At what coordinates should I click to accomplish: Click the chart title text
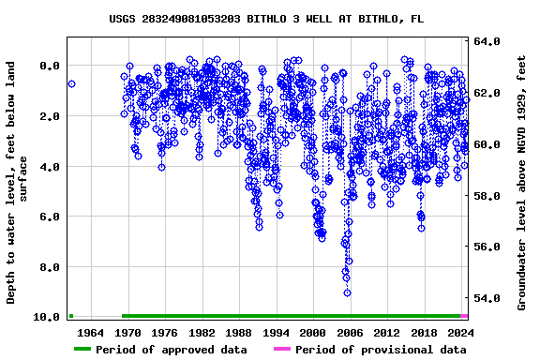[266, 18]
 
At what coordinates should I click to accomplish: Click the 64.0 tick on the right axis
[487, 42]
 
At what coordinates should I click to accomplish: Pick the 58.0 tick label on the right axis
[487, 196]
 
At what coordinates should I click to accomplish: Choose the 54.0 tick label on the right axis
[487, 298]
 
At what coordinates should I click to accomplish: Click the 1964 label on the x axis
[90, 333]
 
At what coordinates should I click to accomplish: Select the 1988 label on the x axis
[239, 333]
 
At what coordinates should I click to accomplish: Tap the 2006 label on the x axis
[350, 333]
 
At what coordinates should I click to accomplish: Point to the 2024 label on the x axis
[460, 333]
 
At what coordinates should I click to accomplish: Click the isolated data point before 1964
[71, 84]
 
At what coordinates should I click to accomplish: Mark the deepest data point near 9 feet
[347, 292]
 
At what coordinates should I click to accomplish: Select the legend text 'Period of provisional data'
[381, 350]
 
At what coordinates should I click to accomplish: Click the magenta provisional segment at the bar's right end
[464, 316]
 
